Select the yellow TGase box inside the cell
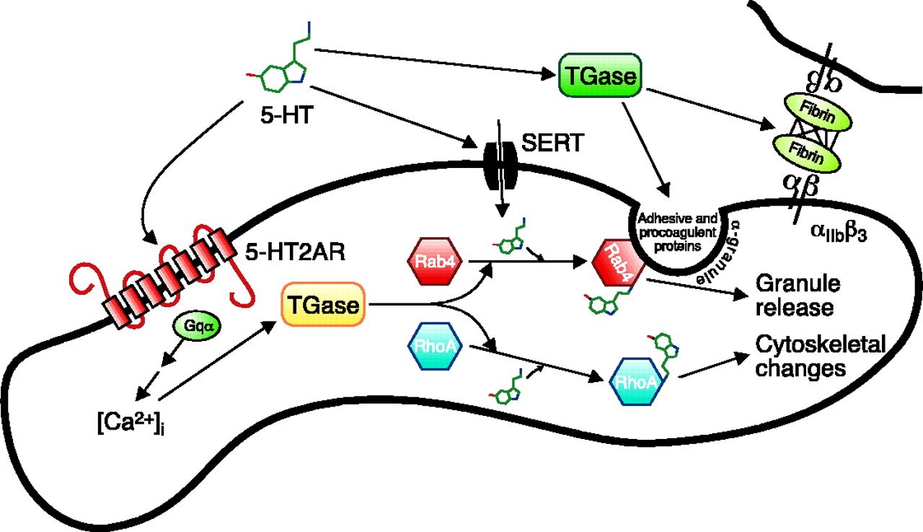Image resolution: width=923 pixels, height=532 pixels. click(x=321, y=306)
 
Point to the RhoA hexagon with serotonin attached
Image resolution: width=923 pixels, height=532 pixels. click(x=635, y=380)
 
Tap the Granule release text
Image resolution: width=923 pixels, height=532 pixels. click(x=793, y=295)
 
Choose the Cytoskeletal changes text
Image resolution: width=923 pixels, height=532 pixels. click(x=819, y=356)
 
